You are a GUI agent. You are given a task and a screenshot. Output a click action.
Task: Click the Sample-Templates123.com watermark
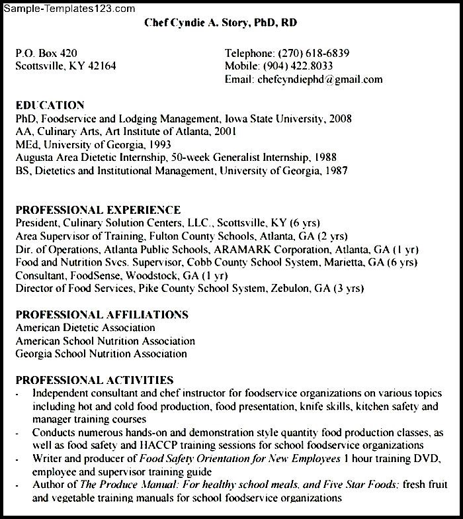tap(67, 9)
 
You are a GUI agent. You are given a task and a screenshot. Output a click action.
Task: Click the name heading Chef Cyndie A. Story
tap(221, 23)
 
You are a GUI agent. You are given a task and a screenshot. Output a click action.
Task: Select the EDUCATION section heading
tap(50, 105)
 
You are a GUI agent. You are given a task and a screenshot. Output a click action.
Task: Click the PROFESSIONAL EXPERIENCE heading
tap(98, 211)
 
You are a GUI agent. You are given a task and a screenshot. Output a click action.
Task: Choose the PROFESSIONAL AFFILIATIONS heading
tap(102, 314)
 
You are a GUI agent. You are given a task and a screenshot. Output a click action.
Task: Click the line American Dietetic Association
tap(85, 328)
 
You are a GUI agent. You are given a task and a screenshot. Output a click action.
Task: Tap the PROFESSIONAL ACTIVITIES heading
tap(95, 380)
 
